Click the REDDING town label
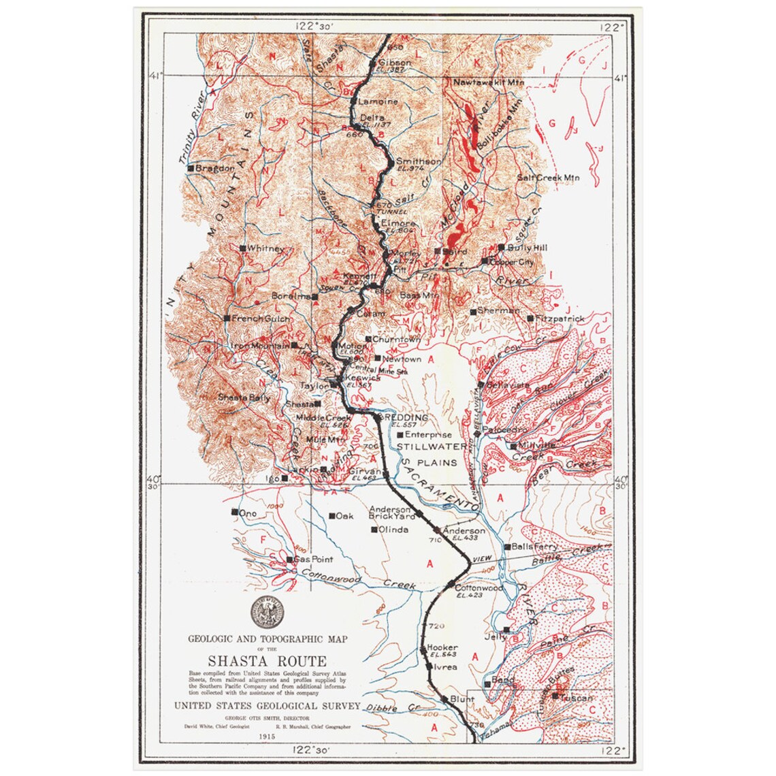[x=406, y=417]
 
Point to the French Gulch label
[x=261, y=319]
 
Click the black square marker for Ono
[x=234, y=512]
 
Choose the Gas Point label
[x=313, y=560]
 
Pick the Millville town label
[x=537, y=445]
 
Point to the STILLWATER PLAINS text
[x=432, y=453]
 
